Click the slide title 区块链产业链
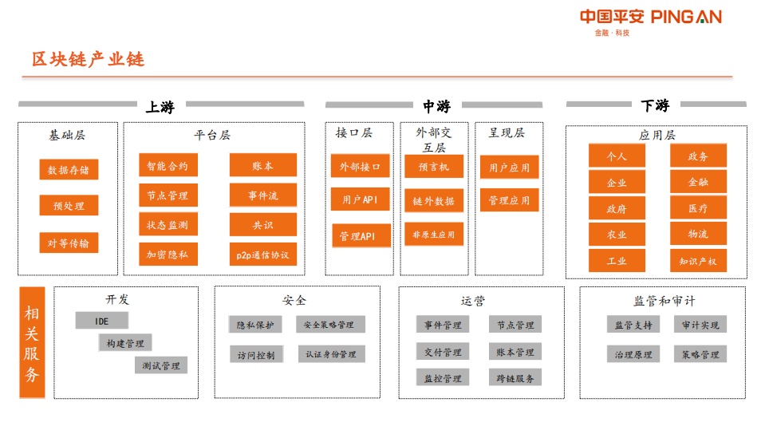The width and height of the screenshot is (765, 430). point(88,59)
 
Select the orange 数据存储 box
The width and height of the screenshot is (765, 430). point(69,170)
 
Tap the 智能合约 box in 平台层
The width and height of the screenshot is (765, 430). point(168,166)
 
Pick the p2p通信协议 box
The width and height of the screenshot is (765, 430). point(262,255)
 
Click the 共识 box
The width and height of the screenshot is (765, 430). point(262,225)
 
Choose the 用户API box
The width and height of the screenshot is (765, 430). point(361,199)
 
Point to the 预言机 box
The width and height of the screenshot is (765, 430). point(433,167)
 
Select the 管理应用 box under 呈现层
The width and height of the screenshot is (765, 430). point(509,200)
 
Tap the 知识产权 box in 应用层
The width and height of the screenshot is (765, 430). point(698,261)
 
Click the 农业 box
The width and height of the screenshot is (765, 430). point(617,235)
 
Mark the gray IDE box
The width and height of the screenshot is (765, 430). point(101,321)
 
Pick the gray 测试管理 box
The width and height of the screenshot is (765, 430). point(160,365)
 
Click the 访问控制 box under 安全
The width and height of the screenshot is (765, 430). point(255,354)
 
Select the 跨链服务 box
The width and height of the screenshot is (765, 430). point(515,377)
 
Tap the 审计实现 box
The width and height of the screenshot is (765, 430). point(700,325)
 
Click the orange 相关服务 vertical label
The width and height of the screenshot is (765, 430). point(32,341)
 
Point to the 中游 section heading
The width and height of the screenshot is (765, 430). point(436,106)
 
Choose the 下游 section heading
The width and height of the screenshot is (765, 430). point(655,105)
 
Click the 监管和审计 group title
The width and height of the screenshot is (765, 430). point(664,301)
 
